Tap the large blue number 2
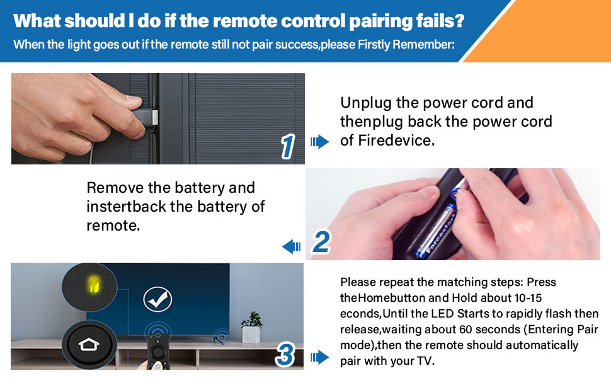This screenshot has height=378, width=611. (321, 242)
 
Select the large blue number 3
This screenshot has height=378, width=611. (285, 355)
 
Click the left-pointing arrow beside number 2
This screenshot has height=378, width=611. (292, 246)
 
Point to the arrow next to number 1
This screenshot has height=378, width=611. (320, 142)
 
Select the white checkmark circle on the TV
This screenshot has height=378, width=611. (157, 299)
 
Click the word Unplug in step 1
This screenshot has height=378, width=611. (363, 103)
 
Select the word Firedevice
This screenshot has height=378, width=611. (396, 140)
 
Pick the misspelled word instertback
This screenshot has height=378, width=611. (126, 207)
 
